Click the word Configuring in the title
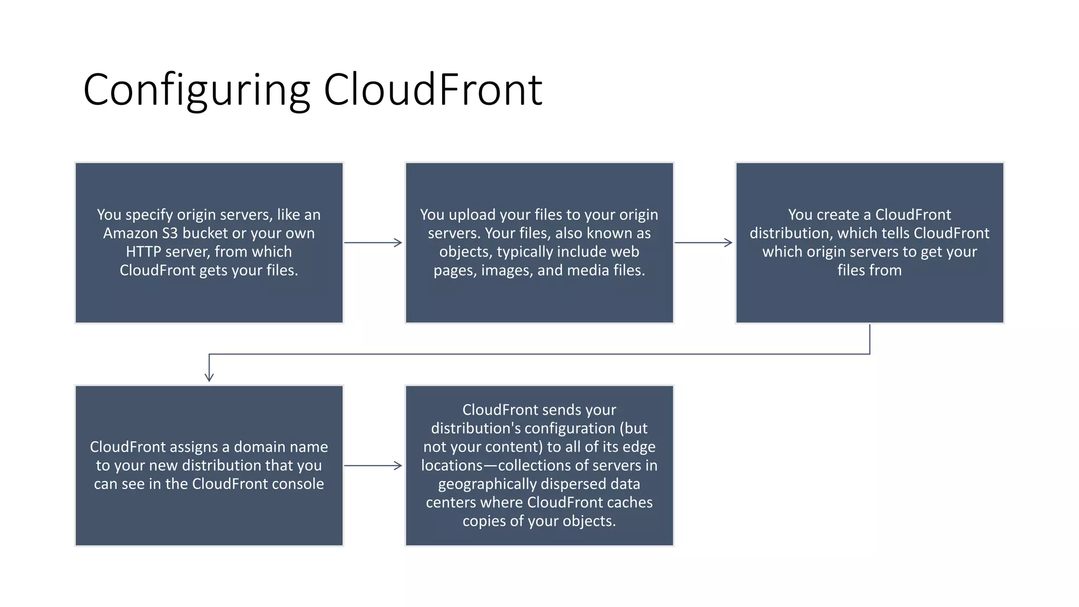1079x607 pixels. (x=196, y=91)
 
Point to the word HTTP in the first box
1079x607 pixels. (x=143, y=252)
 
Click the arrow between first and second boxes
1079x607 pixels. (x=373, y=242)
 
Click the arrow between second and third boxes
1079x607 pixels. (x=703, y=242)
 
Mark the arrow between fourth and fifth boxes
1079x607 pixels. (x=373, y=465)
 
